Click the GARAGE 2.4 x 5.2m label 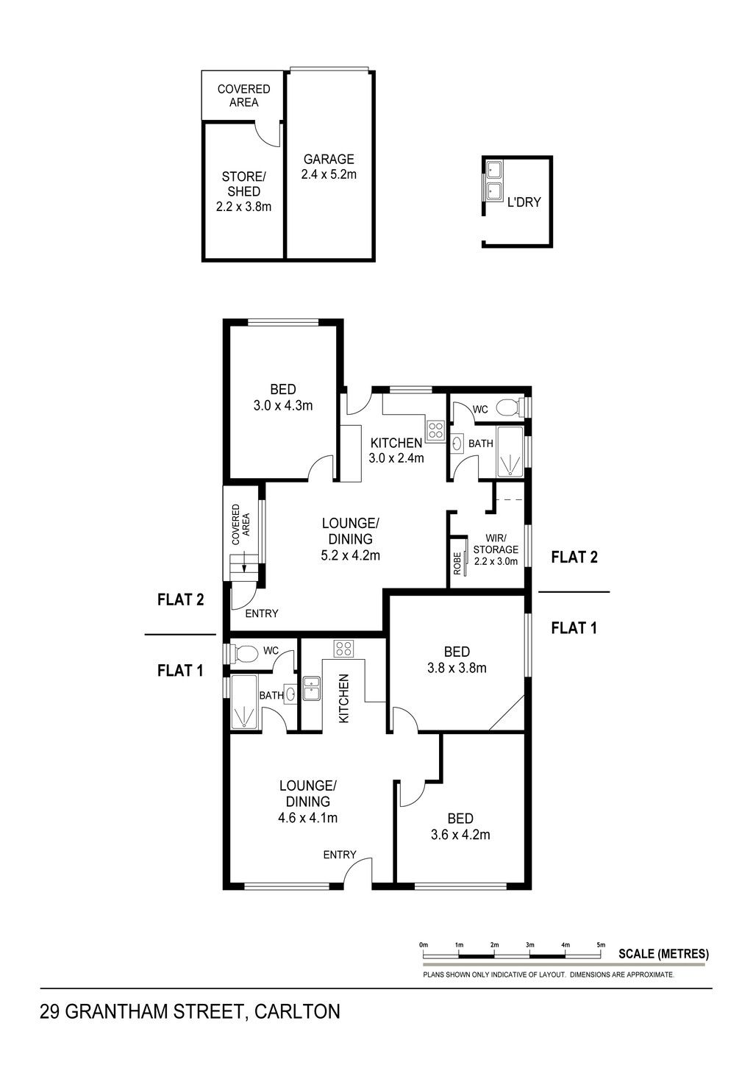(x=329, y=166)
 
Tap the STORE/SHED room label (x=244, y=185)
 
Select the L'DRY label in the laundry (x=524, y=202)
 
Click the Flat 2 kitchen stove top (x=435, y=431)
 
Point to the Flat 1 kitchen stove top (x=343, y=649)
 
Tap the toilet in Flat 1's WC (x=243, y=653)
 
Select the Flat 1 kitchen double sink (x=312, y=688)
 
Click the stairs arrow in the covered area (x=245, y=561)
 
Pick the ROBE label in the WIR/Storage (x=457, y=563)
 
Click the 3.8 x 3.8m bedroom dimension (x=457, y=668)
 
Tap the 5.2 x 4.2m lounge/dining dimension (x=350, y=555)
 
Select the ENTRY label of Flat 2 (x=262, y=613)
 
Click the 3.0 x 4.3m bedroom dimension (x=283, y=405)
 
